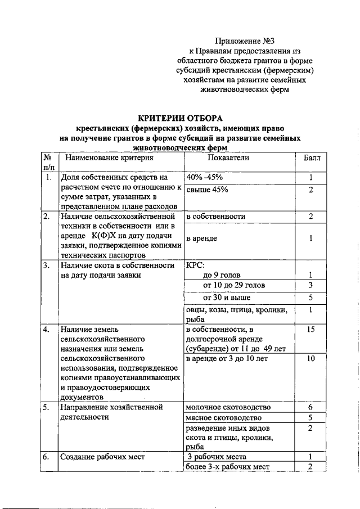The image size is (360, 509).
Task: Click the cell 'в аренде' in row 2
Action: pyautogui.click(x=201, y=238)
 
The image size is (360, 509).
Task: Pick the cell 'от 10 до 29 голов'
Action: pyautogui.click(x=234, y=285)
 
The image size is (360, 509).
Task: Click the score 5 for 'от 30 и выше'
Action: pyautogui.click(x=310, y=297)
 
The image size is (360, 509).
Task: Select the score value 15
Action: pyautogui.click(x=310, y=329)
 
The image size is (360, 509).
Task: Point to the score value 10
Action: pyautogui.click(x=310, y=358)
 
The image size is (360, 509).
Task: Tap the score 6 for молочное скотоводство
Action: pyautogui.click(x=310, y=407)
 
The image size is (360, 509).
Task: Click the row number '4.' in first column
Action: pyautogui.click(x=47, y=329)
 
